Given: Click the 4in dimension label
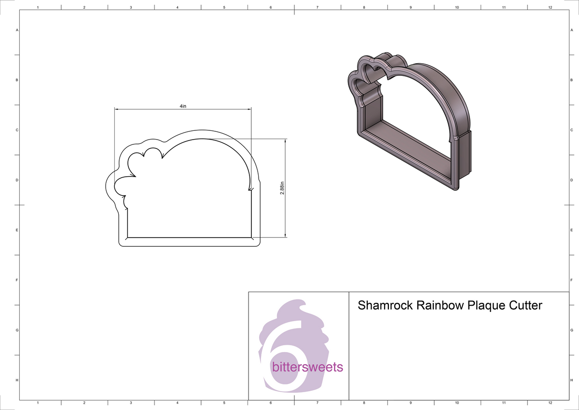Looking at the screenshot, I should pos(182,106).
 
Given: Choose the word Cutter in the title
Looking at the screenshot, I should pos(525,306).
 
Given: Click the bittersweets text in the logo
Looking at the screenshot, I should pos(307,368).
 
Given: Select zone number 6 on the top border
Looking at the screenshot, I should pos(271,8).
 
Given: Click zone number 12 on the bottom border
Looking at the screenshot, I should pos(550,402).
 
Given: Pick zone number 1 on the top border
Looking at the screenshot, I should pos(38,8).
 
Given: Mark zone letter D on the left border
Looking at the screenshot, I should pos(17,180).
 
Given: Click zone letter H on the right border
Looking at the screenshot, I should pos(571,381).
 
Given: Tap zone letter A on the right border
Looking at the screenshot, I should pos(571,30).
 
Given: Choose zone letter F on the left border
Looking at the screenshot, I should pos(17,280).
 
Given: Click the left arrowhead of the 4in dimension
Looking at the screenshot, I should pos(116,109).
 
